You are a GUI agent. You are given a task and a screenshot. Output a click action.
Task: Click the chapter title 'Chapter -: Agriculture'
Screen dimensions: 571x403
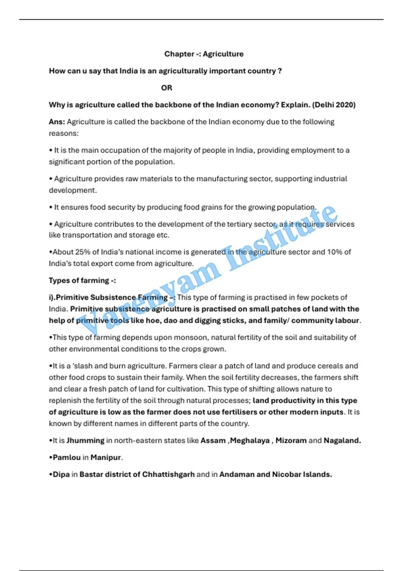point(204,54)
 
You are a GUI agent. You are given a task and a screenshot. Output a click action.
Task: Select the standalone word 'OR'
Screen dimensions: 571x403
point(167,88)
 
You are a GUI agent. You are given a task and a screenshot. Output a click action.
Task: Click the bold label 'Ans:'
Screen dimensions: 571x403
point(57,122)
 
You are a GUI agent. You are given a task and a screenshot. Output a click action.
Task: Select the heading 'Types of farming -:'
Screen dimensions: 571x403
point(82,280)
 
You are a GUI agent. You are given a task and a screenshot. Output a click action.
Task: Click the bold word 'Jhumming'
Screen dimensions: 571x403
point(85,440)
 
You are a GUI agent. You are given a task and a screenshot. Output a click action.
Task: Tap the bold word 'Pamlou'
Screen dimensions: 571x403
point(66,457)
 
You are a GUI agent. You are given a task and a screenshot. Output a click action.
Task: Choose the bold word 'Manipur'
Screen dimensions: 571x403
point(105,457)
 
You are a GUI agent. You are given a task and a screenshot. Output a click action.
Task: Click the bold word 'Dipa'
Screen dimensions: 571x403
point(61,474)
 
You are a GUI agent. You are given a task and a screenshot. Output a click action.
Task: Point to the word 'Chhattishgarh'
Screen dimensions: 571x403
point(168,474)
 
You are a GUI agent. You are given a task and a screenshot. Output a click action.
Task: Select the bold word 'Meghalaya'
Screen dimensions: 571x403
point(250,440)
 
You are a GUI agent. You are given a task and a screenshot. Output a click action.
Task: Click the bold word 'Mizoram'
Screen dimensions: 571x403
point(291,440)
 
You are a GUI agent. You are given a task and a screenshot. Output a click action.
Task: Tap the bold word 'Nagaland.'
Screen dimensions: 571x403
point(342,440)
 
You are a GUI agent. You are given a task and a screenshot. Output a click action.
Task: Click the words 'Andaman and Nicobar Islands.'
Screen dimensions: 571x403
point(275,474)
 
